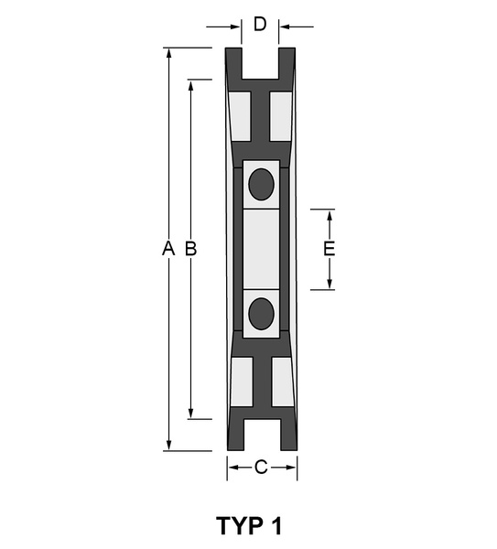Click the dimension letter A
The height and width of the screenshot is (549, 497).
click(x=168, y=248)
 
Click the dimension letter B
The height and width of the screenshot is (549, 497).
click(x=191, y=248)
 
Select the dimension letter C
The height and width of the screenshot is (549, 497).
click(x=261, y=467)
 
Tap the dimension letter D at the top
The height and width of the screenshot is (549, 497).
click(x=260, y=24)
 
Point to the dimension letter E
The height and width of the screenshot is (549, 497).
click(x=329, y=249)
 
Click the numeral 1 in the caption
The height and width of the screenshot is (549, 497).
click(x=276, y=525)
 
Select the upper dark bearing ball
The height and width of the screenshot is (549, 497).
click(x=261, y=184)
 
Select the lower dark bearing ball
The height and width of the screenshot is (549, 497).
click(x=261, y=314)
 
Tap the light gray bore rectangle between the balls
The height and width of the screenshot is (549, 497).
click(x=261, y=249)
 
